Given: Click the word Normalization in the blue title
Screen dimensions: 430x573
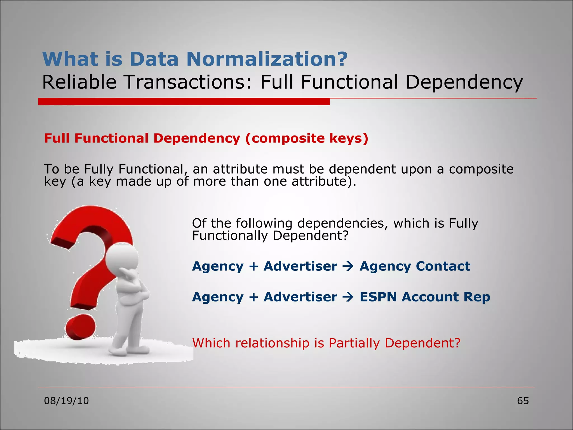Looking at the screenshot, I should tap(267, 59).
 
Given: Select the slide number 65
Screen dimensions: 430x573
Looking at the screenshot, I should tap(523, 401).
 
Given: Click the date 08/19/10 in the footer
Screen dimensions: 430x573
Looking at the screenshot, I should tap(66, 401).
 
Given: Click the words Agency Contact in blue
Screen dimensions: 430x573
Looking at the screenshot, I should tap(415, 266).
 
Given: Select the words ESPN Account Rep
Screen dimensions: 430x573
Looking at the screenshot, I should tap(425, 297).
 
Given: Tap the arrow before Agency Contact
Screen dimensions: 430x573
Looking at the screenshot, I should tap(348, 267).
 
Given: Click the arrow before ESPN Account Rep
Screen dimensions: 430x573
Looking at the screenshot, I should tap(348, 297).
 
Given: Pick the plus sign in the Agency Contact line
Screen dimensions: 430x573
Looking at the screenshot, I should tap(253, 267).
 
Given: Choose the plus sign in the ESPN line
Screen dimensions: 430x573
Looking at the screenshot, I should tap(253, 297).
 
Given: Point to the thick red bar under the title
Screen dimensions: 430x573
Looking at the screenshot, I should tap(184, 102).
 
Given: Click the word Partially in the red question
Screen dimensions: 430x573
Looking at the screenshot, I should tap(354, 343).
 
